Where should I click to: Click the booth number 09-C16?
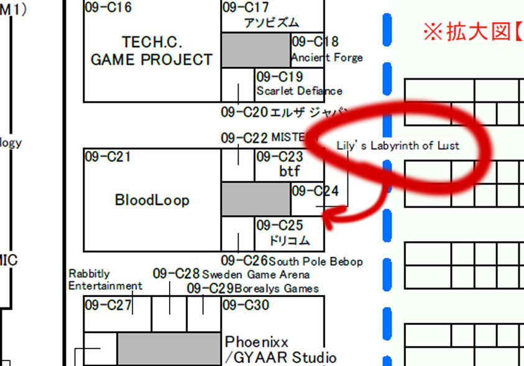click(x=108, y=8)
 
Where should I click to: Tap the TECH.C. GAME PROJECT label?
click(x=151, y=51)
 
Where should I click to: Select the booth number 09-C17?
click(x=246, y=8)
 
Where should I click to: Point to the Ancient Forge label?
click(x=327, y=58)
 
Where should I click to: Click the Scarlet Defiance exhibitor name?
click(x=299, y=91)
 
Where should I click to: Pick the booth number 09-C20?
click(x=244, y=112)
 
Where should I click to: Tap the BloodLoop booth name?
click(x=152, y=200)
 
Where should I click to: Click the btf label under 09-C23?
click(x=290, y=170)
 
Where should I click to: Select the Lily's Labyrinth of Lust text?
click(x=398, y=145)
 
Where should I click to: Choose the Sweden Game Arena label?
click(x=255, y=274)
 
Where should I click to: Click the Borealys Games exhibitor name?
click(x=277, y=288)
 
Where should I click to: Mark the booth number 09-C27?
click(x=108, y=305)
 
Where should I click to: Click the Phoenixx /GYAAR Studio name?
click(x=280, y=350)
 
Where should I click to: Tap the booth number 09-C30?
click(x=246, y=305)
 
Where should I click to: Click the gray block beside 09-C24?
click(x=256, y=199)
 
